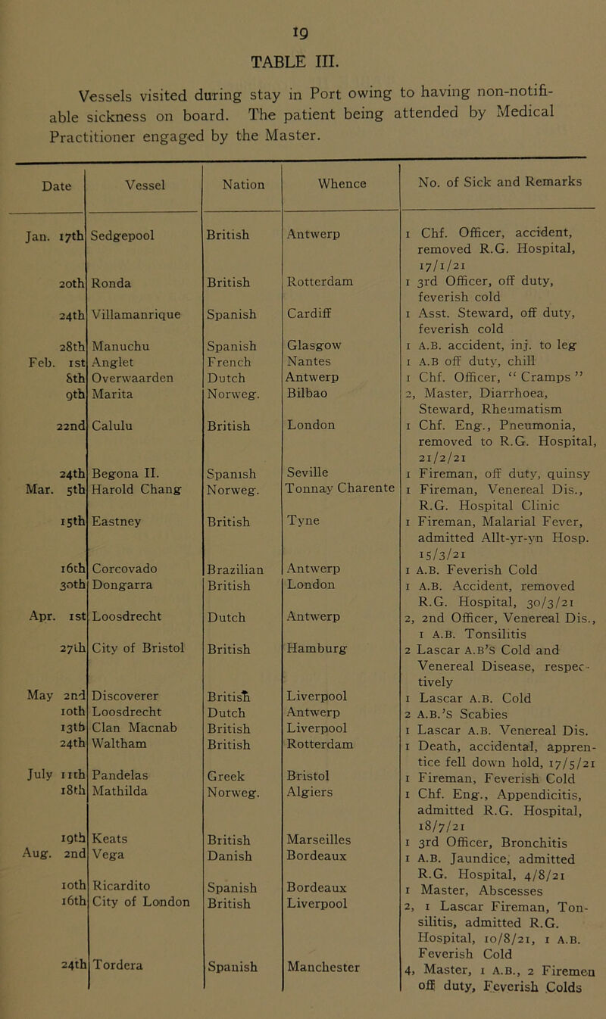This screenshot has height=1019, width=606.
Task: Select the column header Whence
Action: point(329,182)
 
